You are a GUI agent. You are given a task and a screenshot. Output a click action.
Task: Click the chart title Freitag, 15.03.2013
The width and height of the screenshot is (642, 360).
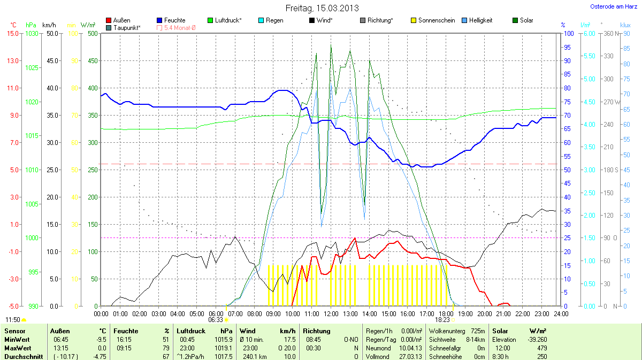pos(320,8)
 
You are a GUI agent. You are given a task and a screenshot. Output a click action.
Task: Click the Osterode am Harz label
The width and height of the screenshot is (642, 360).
pos(613,6)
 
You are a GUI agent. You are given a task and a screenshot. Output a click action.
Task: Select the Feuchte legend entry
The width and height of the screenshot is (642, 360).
pos(171,20)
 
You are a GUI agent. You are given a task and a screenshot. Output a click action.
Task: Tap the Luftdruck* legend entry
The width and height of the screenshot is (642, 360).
pos(224,20)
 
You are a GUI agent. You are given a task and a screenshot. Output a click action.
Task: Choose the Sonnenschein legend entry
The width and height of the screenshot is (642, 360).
pos(433,20)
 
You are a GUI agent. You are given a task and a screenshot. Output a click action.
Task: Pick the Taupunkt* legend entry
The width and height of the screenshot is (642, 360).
pos(124,27)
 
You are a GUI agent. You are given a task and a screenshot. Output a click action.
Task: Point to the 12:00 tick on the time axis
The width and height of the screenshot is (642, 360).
pos(331,313)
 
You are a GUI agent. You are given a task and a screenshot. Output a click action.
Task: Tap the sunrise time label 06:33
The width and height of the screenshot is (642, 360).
pos(216,319)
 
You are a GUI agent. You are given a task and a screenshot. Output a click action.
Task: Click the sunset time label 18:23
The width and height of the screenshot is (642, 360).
pos(442,319)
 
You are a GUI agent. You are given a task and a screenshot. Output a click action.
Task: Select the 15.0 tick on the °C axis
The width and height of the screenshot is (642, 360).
pos(12,33)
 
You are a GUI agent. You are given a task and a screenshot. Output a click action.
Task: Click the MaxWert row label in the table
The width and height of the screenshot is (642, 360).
pos(16,348)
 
